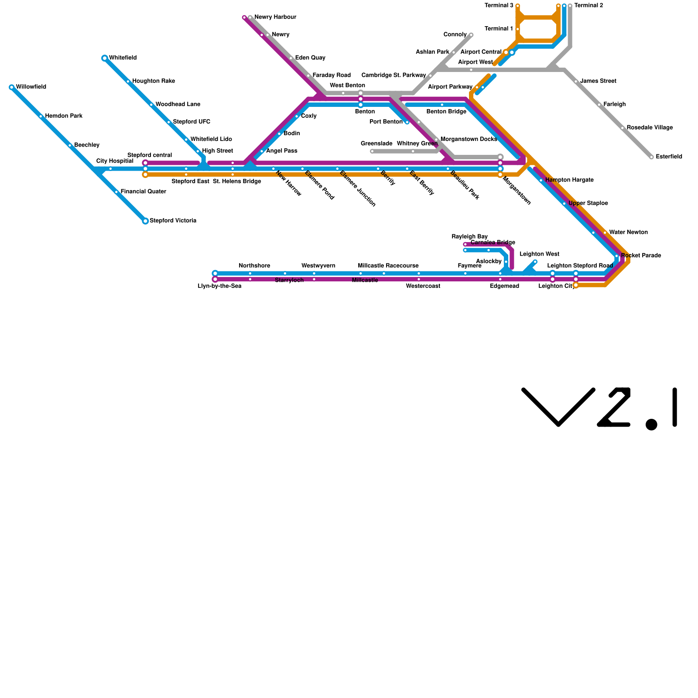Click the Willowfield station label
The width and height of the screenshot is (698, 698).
(x=31, y=87)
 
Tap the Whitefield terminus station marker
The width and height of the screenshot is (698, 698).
(x=105, y=58)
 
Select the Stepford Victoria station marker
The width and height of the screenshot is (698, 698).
(x=145, y=221)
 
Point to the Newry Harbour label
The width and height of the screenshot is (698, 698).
(x=275, y=17)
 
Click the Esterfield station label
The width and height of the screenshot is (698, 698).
(x=669, y=157)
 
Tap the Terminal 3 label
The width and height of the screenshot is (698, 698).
(x=499, y=6)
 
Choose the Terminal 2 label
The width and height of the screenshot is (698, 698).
(x=589, y=6)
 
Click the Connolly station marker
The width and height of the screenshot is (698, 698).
(x=471, y=35)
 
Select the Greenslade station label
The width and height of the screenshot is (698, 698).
(x=376, y=144)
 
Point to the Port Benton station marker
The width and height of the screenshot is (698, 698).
(x=407, y=122)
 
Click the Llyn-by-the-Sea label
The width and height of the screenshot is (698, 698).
(x=219, y=286)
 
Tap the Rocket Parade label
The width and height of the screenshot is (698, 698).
(x=641, y=256)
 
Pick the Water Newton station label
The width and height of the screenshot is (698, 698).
(x=628, y=233)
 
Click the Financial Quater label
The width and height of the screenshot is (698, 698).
(x=143, y=192)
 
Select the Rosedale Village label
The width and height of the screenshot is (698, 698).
(x=650, y=128)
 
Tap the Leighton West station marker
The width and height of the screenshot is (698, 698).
(x=535, y=262)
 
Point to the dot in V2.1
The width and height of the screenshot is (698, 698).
(x=651, y=424)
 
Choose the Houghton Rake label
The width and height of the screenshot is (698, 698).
(x=154, y=81)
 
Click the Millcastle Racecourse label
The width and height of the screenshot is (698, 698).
(x=388, y=266)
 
